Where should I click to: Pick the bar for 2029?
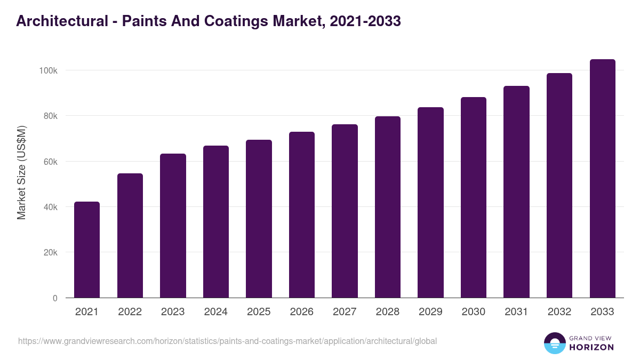click(x=430, y=203)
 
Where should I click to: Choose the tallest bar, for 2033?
click(x=602, y=179)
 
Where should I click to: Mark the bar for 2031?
click(x=516, y=192)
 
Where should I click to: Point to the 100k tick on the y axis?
click(x=48, y=70)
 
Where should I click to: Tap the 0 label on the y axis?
click(x=55, y=298)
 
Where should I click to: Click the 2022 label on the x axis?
click(x=130, y=312)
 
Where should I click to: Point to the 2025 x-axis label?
click(x=259, y=312)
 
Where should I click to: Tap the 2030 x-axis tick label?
click(x=473, y=312)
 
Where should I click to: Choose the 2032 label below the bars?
click(x=559, y=312)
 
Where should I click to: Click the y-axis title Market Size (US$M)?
click(x=21, y=172)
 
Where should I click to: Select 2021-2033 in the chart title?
click(x=365, y=21)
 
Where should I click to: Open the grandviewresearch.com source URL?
click(x=227, y=341)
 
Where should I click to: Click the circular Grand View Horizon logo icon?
click(x=554, y=343)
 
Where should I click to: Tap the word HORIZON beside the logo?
click(x=591, y=347)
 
